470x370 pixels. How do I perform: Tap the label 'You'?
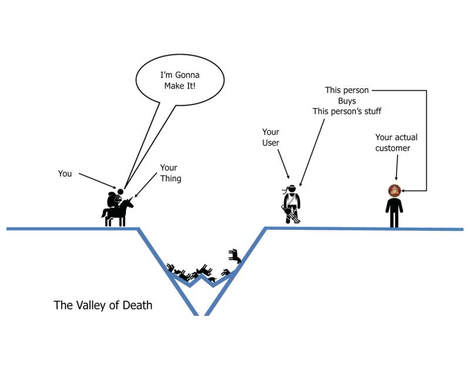65,174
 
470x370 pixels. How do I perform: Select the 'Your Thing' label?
170,173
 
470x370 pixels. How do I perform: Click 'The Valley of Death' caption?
103,305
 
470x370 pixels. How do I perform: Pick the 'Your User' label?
270,138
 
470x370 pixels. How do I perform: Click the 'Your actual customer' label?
396,143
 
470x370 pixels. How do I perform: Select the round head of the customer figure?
394,190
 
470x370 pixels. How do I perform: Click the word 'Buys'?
347,101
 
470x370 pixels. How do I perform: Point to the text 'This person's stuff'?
347,111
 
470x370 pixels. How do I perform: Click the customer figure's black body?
394,212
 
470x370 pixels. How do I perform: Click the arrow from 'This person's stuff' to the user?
311,150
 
